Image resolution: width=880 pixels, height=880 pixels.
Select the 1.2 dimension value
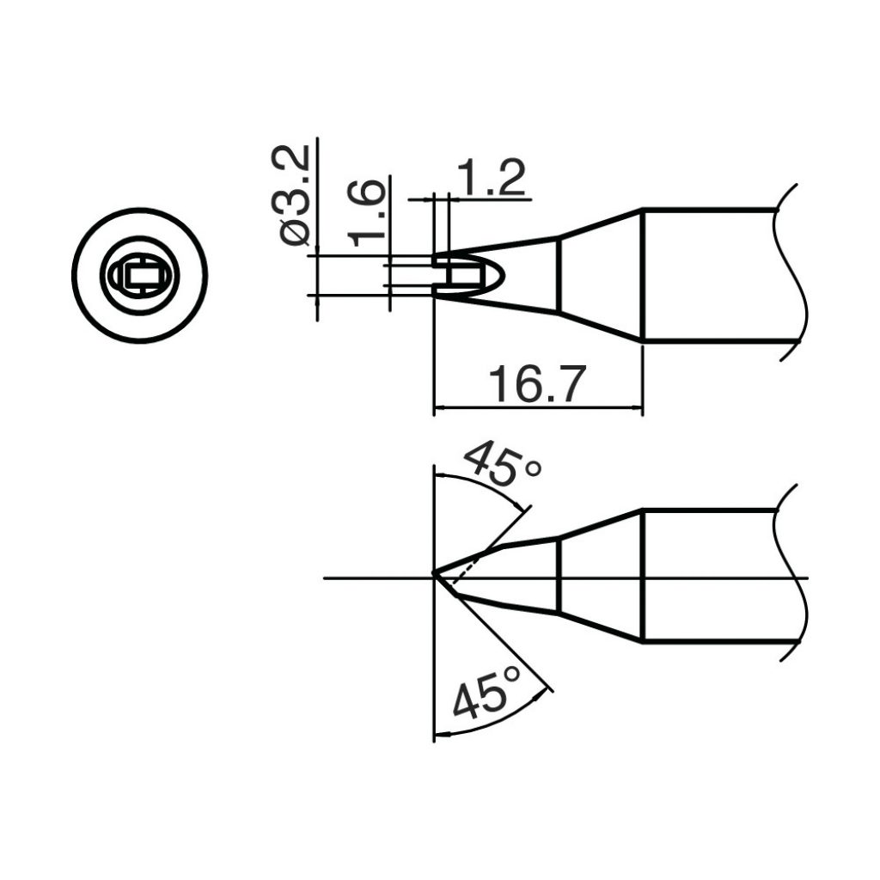point(492,179)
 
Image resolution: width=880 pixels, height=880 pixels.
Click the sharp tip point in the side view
point(435,574)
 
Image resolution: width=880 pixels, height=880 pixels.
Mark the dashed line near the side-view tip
point(464,563)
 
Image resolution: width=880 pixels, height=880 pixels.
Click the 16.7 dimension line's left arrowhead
point(440,406)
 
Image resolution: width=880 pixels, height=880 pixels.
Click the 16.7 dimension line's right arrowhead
point(636,406)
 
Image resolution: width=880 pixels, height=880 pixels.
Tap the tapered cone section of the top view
point(602,275)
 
